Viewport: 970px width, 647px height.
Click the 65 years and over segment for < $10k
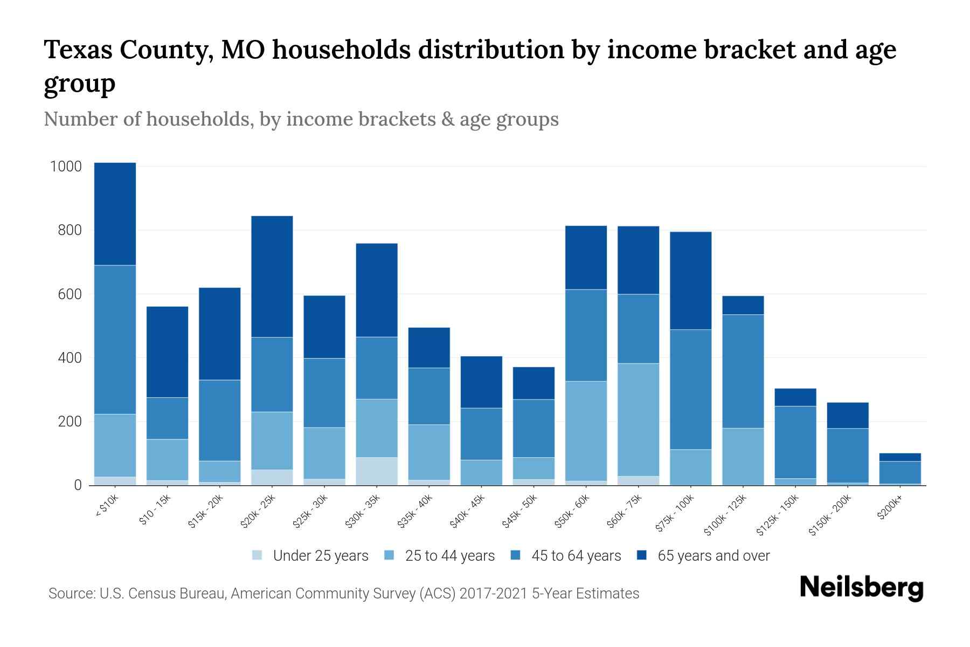point(115,214)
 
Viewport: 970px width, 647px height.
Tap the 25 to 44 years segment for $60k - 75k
point(638,419)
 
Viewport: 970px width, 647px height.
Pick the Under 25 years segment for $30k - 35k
point(377,471)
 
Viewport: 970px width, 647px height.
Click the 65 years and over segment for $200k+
point(900,457)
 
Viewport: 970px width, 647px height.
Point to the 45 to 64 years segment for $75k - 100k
point(690,389)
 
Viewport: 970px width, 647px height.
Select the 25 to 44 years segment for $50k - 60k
point(586,431)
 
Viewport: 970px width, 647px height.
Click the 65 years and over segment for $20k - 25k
point(272,277)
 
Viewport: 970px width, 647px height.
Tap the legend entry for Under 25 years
point(310,556)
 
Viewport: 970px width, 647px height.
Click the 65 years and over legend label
point(713,556)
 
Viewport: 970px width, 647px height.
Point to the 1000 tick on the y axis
point(66,167)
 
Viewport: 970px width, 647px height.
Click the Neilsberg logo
point(861,588)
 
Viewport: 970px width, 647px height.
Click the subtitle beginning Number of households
point(301,119)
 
